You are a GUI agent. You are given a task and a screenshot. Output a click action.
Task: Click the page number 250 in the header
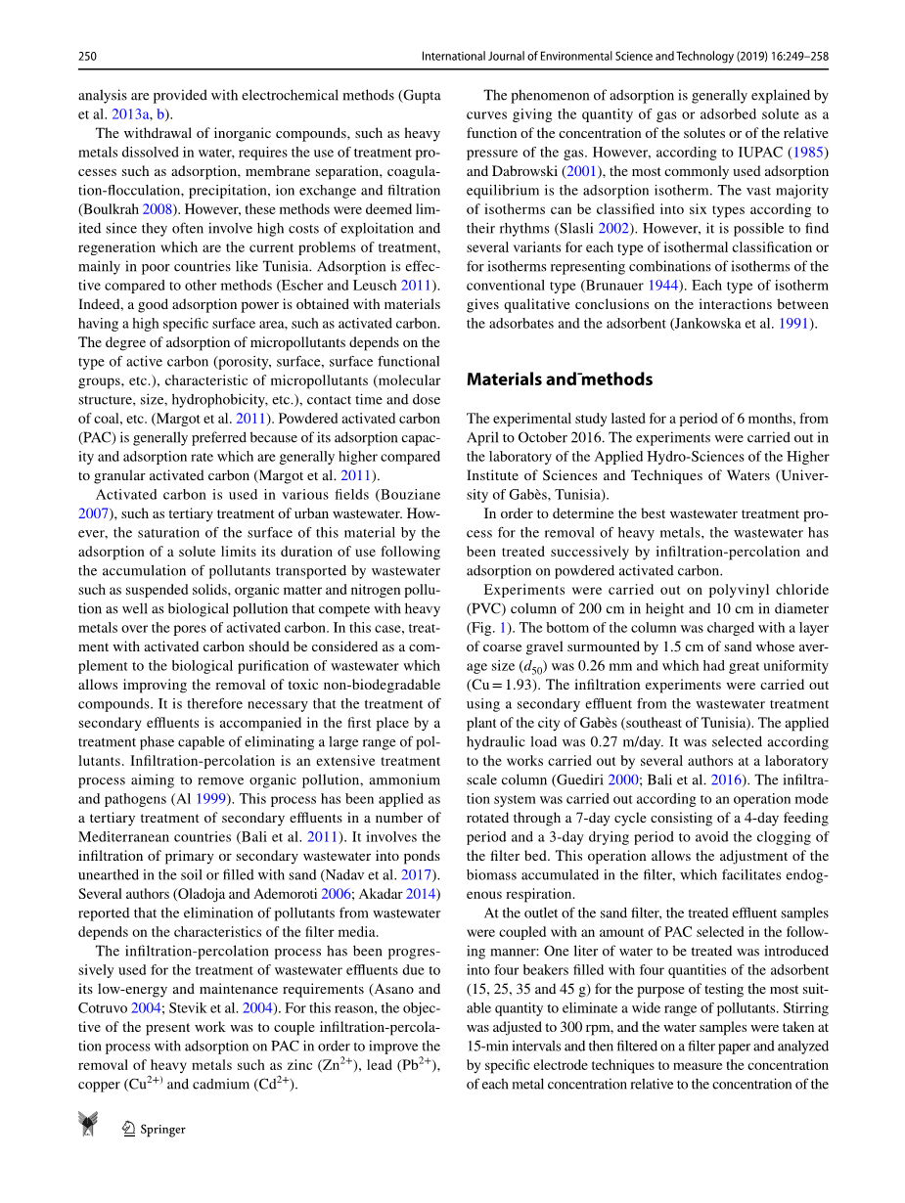(87, 57)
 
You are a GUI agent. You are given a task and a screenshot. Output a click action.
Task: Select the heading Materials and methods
(559, 379)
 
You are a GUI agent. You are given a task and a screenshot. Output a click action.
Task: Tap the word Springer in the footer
(162, 1129)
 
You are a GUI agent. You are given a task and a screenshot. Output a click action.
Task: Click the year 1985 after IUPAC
(811, 153)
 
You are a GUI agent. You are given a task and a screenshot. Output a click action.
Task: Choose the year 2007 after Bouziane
(93, 513)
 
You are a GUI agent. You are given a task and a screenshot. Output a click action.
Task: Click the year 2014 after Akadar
(423, 893)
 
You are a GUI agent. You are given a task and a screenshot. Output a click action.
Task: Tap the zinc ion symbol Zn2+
(336, 1064)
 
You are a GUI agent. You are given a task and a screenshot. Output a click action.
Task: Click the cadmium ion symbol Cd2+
(273, 1084)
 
